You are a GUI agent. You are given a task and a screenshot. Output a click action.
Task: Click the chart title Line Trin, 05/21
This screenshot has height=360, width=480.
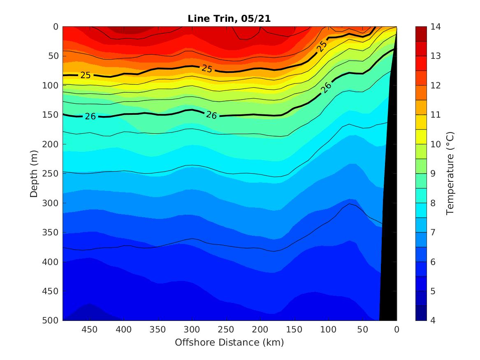pyautogui.click(x=229, y=19)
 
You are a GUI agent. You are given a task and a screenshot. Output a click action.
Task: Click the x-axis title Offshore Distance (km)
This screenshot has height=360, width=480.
pyautogui.click(x=229, y=342)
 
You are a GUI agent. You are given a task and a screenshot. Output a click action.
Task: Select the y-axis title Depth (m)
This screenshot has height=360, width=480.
pyautogui.click(x=35, y=173)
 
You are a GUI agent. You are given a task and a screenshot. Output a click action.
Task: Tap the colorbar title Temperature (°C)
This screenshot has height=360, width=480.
pyautogui.click(x=450, y=173)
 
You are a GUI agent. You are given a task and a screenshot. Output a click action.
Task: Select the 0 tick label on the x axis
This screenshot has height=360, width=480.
pyautogui.click(x=397, y=330)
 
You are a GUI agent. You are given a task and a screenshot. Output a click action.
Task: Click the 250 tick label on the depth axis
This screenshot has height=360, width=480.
pyautogui.click(x=51, y=174)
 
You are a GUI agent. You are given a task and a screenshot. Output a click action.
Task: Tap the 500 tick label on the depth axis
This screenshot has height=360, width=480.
pyautogui.click(x=51, y=321)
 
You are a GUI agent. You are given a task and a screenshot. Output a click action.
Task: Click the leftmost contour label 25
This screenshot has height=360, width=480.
pyautogui.click(x=86, y=75)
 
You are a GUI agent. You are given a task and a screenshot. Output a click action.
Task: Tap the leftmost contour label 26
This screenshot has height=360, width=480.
pyautogui.click(x=90, y=116)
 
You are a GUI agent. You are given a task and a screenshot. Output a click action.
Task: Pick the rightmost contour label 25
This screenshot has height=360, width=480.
pyautogui.click(x=322, y=46)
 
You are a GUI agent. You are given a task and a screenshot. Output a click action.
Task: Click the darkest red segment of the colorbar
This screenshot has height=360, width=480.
pyautogui.click(x=421, y=34)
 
